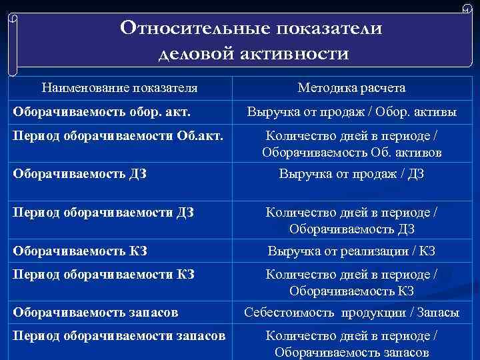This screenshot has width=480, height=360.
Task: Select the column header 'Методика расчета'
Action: click(x=351, y=88)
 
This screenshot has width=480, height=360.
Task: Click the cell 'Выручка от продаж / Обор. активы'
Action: click(x=351, y=113)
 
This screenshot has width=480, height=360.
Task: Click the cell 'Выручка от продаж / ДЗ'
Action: click(x=351, y=175)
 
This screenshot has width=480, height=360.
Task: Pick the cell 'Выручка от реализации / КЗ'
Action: click(x=351, y=251)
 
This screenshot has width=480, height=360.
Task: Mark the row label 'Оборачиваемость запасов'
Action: click(x=94, y=311)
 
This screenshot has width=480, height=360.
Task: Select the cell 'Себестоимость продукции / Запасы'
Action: click(x=351, y=311)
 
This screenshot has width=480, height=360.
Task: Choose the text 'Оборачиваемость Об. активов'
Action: click(x=351, y=153)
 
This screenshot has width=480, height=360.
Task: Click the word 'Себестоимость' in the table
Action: click(x=290, y=311)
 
